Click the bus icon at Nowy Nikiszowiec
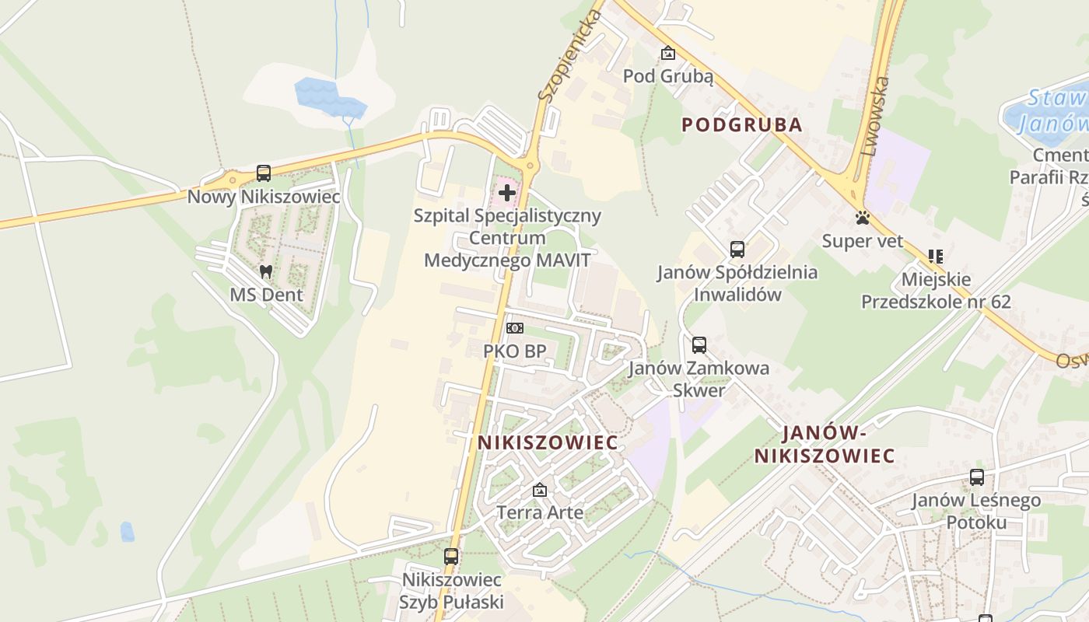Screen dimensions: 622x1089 click(264, 173)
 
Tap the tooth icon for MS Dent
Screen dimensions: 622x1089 click(266, 272)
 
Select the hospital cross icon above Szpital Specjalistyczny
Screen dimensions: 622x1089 click(507, 192)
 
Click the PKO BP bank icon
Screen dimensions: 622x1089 click(514, 328)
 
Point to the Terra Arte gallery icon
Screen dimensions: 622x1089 click(539, 491)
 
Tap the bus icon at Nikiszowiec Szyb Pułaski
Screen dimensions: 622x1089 click(451, 557)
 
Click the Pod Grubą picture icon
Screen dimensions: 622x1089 click(667, 54)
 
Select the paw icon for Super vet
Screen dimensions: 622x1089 click(863, 218)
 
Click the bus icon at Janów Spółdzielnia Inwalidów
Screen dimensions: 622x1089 click(737, 250)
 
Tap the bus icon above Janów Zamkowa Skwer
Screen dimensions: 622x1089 click(699, 345)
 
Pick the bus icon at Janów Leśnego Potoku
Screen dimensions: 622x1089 click(976, 477)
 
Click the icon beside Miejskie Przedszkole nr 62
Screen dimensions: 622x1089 click(935, 256)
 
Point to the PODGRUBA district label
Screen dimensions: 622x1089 click(742, 124)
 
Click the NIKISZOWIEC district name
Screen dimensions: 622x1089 click(548, 442)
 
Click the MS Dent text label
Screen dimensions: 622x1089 click(266, 295)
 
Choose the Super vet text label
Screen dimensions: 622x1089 click(863, 241)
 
